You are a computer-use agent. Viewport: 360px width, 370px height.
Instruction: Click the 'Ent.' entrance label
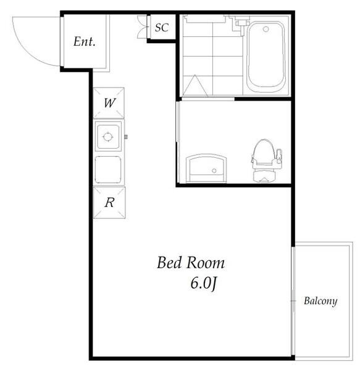[x=85, y=41]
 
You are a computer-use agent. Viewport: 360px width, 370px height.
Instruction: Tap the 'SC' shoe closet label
[x=162, y=28]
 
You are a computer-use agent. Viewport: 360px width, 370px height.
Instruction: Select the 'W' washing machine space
[x=109, y=103]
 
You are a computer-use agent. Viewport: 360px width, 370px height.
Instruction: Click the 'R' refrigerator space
[x=109, y=203]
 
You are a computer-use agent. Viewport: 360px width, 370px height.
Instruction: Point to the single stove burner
[x=108, y=137]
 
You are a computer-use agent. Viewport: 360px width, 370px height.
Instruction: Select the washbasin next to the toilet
[x=206, y=168]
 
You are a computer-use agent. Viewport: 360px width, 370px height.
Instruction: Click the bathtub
[x=266, y=57]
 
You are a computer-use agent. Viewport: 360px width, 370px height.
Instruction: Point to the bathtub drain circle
[x=266, y=29]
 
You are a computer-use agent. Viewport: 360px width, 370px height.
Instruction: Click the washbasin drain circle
[x=214, y=171]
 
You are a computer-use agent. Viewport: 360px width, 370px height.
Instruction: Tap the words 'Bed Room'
[x=191, y=263]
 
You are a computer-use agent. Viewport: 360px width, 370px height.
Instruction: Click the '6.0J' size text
[x=203, y=283]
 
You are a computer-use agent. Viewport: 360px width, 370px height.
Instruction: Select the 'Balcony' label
[x=320, y=301]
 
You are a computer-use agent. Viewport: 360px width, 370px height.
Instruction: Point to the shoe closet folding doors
[x=143, y=27]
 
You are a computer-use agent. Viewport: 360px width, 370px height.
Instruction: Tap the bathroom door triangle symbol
[x=195, y=86]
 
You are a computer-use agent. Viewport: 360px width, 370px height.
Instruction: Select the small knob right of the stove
[x=126, y=137]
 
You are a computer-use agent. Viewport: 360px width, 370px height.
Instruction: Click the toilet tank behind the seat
[x=264, y=176]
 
